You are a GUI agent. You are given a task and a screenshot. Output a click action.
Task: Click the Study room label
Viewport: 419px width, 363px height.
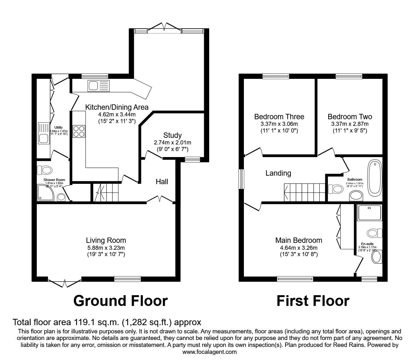(172, 135)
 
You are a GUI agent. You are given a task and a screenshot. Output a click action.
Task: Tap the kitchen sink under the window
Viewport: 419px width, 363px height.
(98, 85)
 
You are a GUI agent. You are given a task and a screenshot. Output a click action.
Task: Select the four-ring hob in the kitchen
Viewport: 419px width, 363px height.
(79, 131)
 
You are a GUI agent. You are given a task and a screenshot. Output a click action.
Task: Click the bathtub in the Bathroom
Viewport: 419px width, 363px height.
(375, 177)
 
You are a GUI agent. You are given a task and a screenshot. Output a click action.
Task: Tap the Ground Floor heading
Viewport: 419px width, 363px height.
(120, 301)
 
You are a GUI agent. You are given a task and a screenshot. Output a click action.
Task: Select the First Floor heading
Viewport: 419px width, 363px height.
(313, 301)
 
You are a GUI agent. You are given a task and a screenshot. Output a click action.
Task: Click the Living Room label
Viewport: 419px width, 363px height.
(106, 240)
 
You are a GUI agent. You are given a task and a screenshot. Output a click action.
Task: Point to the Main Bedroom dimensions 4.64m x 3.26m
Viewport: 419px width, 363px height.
(298, 248)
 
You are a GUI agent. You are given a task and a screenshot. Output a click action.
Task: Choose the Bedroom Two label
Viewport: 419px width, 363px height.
(350, 117)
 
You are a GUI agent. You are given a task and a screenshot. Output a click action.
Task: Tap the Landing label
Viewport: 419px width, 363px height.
(278, 173)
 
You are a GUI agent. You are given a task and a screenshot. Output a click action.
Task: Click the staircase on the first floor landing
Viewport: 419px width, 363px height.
(304, 192)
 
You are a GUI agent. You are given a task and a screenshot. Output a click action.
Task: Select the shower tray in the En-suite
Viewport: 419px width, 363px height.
(369, 213)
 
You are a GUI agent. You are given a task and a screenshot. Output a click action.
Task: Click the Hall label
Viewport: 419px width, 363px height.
(162, 182)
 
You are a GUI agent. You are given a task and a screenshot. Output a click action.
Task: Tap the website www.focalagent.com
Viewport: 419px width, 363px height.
(209, 352)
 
